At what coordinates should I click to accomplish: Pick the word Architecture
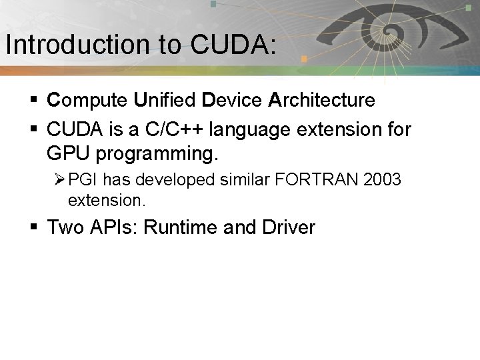[322, 100]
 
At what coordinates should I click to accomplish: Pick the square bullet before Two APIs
[35, 228]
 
